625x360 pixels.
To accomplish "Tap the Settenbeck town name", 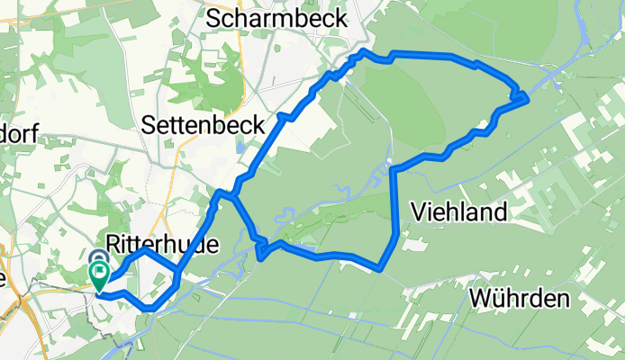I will click(203, 127).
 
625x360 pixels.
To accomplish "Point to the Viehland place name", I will click(459, 212).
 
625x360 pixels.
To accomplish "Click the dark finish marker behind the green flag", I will click(99, 258).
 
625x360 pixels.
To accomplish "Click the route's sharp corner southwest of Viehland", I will click(382, 268).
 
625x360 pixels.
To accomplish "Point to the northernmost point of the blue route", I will click(362, 54).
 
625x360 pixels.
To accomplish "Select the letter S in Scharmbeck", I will click(213, 16).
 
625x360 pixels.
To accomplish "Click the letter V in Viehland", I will click(417, 212).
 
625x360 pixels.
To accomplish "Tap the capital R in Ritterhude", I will click(113, 243).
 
